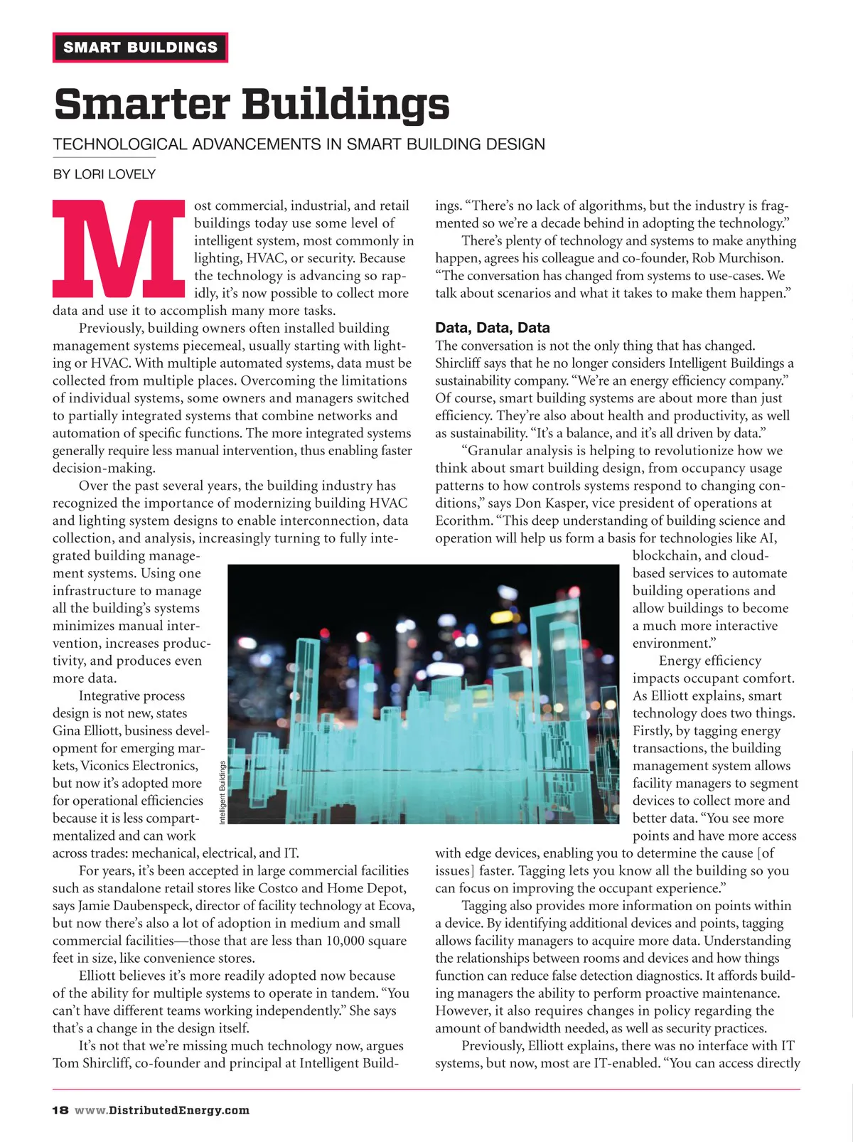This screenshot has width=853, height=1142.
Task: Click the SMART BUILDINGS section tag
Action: click(x=140, y=48)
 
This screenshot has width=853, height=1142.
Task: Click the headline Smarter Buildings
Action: click(x=252, y=104)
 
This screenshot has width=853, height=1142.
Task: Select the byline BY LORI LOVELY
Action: click(x=104, y=174)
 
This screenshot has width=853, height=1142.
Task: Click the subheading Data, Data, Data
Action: click(x=492, y=328)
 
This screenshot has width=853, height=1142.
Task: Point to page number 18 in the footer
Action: click(x=60, y=1110)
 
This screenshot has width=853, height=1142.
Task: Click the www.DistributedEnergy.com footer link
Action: click(x=162, y=1110)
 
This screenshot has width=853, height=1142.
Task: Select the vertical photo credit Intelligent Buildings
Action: click(x=222, y=792)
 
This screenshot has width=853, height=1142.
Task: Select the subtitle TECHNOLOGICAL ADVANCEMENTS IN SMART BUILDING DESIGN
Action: click(x=299, y=144)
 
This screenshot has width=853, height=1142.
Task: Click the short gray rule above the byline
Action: click(x=104, y=157)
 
